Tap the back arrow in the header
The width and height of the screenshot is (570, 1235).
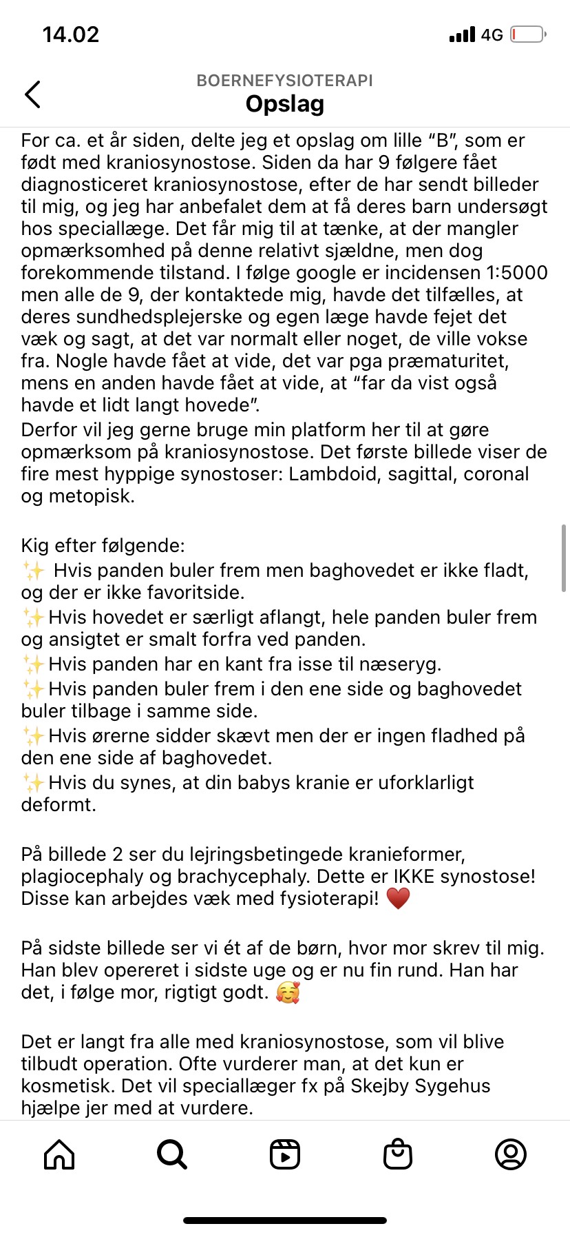coord(32,94)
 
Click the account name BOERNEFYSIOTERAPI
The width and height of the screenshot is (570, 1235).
coord(284,81)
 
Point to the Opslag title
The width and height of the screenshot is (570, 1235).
coord(284,104)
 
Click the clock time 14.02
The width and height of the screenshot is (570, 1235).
coord(71,34)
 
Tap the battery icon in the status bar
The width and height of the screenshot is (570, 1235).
coord(527,34)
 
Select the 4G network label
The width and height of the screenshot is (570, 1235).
coord(492,35)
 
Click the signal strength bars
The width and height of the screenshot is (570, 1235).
coord(462,34)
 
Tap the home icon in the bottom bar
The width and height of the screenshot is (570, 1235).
coord(59,1154)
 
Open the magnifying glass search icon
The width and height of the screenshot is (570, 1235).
coord(171,1154)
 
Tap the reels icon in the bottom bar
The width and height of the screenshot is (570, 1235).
coord(285,1154)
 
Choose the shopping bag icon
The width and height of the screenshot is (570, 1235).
coord(398,1154)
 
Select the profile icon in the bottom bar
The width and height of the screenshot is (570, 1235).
coord(511,1154)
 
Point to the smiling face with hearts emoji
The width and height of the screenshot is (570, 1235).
coord(288,992)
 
